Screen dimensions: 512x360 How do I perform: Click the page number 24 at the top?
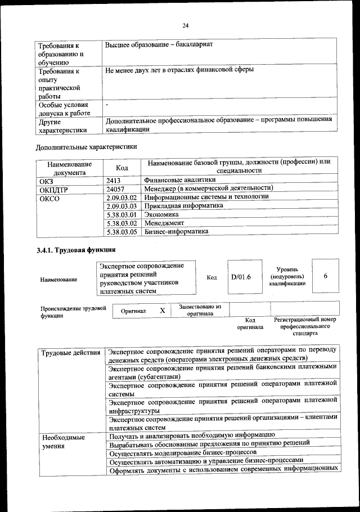186,25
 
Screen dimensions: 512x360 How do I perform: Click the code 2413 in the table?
114,181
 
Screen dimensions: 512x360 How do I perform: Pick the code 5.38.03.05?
121,231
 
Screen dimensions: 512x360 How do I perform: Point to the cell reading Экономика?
161,214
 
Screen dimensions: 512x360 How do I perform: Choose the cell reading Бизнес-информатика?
176,231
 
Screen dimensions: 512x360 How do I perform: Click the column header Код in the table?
121,167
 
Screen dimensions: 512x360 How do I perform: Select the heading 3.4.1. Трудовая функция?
76,250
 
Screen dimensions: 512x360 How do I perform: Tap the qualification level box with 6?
326,276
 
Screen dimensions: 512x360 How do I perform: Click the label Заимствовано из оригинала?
200,310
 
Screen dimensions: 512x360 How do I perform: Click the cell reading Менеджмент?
165,223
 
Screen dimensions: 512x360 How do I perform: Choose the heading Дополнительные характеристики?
86,147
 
